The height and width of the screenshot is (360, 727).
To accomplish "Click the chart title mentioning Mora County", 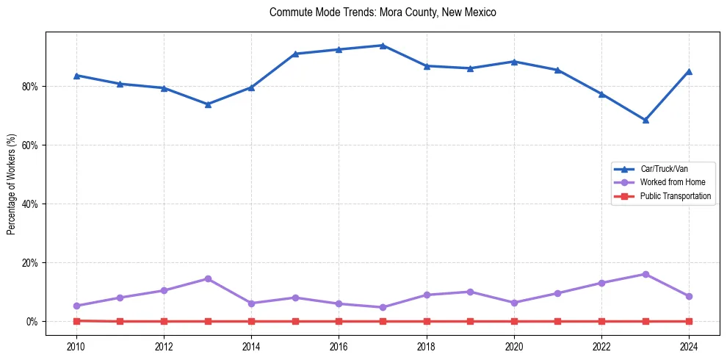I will pos(383,12).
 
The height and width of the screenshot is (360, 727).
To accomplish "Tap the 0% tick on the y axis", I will pos(32,322).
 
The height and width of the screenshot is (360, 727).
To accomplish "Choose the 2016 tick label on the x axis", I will pos(339,347).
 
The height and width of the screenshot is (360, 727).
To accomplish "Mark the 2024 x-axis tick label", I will pos(689,347).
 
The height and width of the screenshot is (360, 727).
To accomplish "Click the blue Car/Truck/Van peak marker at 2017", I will pos(383,46).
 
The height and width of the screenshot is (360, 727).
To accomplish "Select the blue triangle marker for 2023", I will pos(645,120).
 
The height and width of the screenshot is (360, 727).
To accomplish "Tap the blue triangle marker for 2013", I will pos(208,104).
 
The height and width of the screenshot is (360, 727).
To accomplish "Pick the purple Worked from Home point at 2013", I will pos(208,278).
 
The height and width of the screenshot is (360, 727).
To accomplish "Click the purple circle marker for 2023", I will pos(645,274).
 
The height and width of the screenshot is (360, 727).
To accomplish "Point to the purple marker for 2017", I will pos(383,307).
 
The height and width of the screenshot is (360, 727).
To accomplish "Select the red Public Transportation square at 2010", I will pos(76,320).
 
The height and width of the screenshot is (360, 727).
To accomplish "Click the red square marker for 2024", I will pos(689,321).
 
